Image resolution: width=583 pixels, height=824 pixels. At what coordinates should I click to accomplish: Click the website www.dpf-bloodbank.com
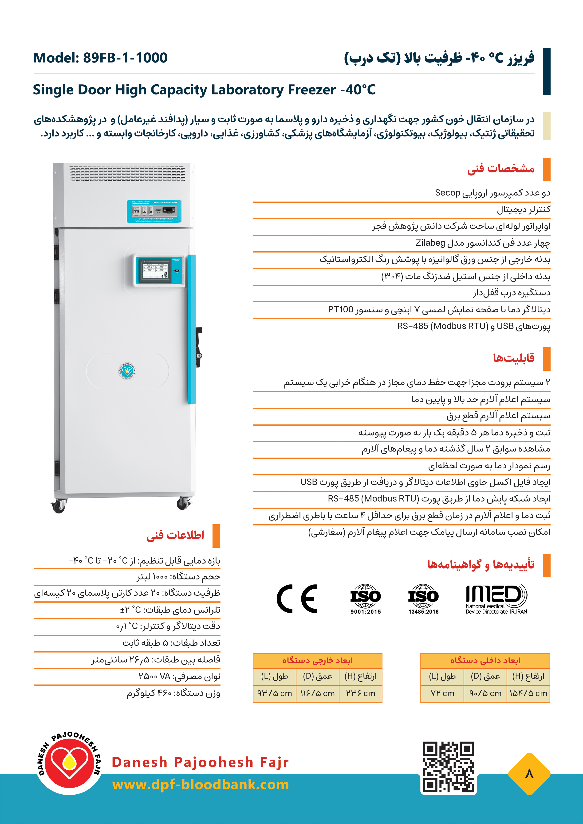201,785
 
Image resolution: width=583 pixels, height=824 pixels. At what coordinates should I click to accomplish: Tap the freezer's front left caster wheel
59,506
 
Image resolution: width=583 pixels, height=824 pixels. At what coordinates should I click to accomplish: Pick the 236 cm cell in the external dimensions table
360,693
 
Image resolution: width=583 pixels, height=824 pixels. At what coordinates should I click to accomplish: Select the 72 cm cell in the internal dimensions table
442,693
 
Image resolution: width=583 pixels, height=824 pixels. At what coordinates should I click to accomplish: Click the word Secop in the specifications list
447,193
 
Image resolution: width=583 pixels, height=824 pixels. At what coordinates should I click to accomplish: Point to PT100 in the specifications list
341,309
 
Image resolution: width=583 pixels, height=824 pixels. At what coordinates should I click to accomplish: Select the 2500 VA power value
154,676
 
